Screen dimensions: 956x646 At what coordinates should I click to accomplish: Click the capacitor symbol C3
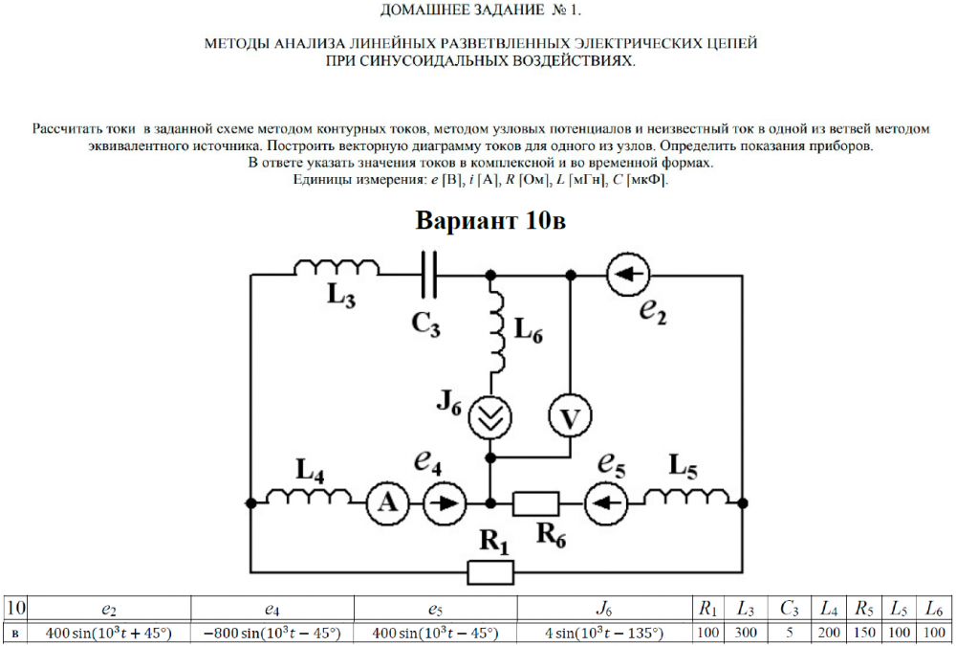click(427, 275)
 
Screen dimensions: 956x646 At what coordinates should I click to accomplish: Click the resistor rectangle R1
click(491, 572)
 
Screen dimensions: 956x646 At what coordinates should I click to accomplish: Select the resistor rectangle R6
click(535, 501)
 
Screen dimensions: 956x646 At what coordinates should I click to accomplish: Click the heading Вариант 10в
click(490, 221)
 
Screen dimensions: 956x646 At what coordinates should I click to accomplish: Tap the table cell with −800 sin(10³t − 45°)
click(272, 633)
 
